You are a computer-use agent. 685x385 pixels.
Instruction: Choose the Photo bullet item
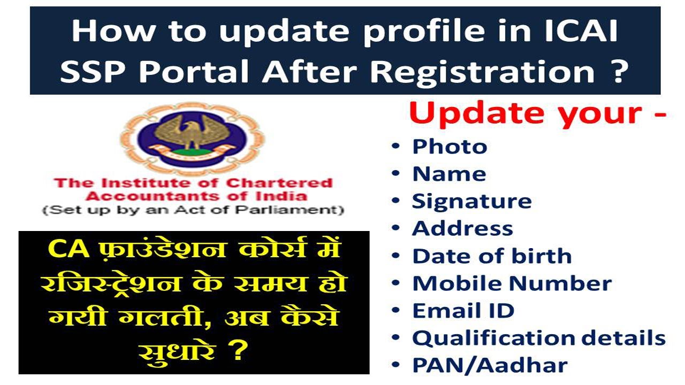coord(449,147)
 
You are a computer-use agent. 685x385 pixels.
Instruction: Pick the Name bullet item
coord(448,174)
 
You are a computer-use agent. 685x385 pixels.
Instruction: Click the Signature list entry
coord(471,201)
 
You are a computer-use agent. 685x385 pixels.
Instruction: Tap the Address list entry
coord(462,228)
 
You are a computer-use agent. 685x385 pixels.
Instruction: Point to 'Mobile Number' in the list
coord(512,283)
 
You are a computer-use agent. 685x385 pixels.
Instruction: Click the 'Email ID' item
coord(463,311)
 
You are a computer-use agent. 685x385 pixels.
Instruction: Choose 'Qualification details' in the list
coord(538,338)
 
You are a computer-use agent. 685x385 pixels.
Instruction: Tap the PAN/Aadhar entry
coord(489,366)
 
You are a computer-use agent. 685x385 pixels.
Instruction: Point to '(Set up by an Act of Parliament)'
coord(193,210)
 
